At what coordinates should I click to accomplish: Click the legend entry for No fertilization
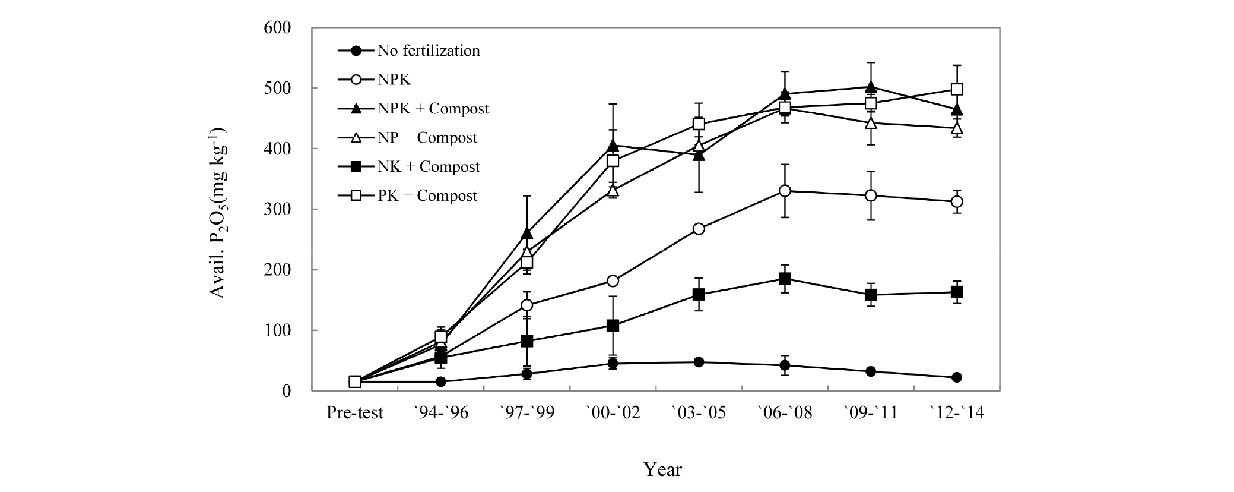[x=429, y=51]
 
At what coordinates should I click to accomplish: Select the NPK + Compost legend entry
[x=433, y=109]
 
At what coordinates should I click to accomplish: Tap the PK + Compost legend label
[x=427, y=195]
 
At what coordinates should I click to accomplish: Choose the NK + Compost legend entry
[x=429, y=166]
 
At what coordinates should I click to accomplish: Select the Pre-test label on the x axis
[x=355, y=412]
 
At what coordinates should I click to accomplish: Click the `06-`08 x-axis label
[x=785, y=412]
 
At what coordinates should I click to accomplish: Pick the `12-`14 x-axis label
[x=956, y=412]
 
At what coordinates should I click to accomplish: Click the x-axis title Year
[x=663, y=470]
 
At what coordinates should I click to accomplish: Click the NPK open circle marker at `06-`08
[x=785, y=191]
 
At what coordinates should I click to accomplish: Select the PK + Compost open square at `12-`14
[x=957, y=89]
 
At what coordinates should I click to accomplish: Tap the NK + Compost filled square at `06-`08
[x=785, y=279]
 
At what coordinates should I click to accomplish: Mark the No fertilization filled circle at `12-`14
[x=957, y=377]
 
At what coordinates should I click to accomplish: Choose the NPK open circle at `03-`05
[x=699, y=229]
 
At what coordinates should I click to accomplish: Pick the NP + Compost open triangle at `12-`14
[x=957, y=128]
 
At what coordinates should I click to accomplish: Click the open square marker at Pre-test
[x=355, y=381]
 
